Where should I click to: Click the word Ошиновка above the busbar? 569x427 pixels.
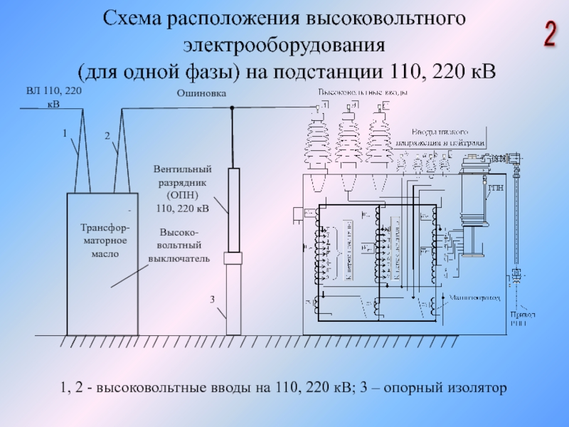pos(201,93)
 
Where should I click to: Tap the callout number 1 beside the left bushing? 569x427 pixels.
pos(64,133)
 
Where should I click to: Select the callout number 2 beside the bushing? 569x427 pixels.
pos(107,135)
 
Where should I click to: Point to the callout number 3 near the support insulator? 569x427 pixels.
pos(212,299)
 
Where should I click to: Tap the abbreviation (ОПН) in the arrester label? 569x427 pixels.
pos(183,196)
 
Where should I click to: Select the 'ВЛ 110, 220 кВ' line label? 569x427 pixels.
pos(54,97)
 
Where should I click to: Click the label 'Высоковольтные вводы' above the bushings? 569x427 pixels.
pos(363,93)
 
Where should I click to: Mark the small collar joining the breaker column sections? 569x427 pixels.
pos(233,258)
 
